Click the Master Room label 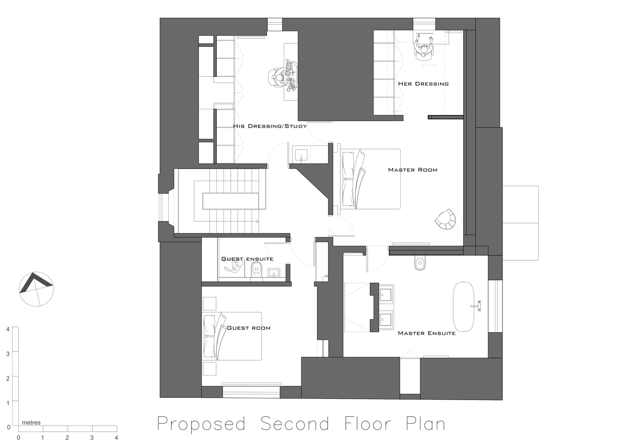(x=412, y=170)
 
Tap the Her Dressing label (x=423, y=84)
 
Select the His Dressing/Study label (x=270, y=126)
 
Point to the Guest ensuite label (x=247, y=259)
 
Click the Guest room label (x=249, y=328)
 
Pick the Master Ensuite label (x=427, y=333)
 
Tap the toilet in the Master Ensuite (x=419, y=264)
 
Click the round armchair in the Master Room (x=445, y=219)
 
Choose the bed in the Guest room (x=232, y=336)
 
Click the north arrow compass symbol (x=36, y=289)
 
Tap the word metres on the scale (x=31, y=423)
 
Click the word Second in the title (x=295, y=424)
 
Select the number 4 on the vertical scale (x=8, y=329)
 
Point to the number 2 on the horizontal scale (x=67, y=438)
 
